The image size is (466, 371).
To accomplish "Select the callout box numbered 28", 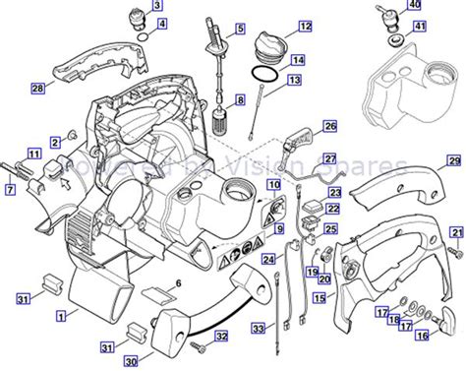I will [37, 89].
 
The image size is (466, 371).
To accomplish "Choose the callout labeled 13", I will [297, 78].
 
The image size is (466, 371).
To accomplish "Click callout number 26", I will [330, 126].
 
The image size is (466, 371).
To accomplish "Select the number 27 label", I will [330, 157].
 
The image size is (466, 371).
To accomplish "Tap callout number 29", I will [453, 159].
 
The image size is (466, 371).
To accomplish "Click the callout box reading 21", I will [455, 232].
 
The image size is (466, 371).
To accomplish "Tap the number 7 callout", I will [11, 190].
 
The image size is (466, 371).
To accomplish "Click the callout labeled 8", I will [239, 100].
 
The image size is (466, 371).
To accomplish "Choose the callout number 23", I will [334, 193].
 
